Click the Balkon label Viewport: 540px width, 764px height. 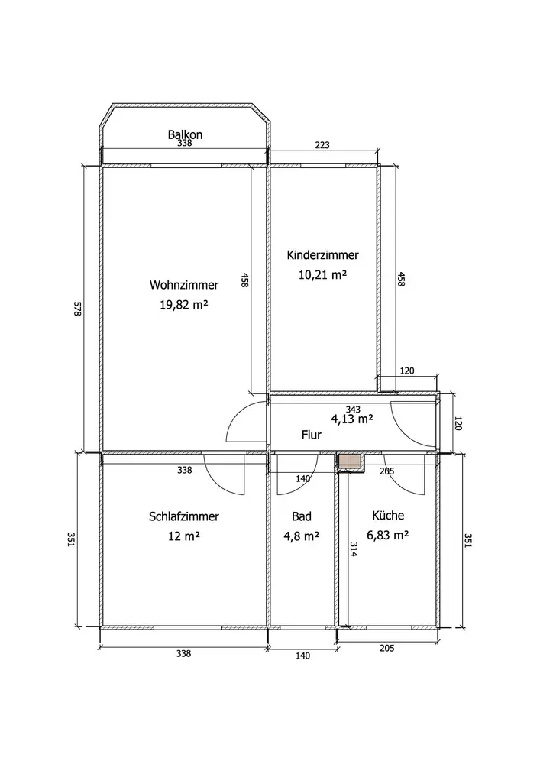[185, 134]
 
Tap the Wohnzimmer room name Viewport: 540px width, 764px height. [184, 284]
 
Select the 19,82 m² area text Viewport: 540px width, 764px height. [184, 305]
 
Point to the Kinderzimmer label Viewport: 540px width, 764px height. [323, 255]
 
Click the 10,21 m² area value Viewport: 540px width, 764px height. [322, 274]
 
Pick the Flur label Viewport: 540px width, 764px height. [311, 435]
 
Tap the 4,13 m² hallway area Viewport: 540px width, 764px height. [352, 419]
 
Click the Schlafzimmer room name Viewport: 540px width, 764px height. [184, 516]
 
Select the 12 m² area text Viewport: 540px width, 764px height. [184, 536]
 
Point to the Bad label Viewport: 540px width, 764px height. [302, 516]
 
